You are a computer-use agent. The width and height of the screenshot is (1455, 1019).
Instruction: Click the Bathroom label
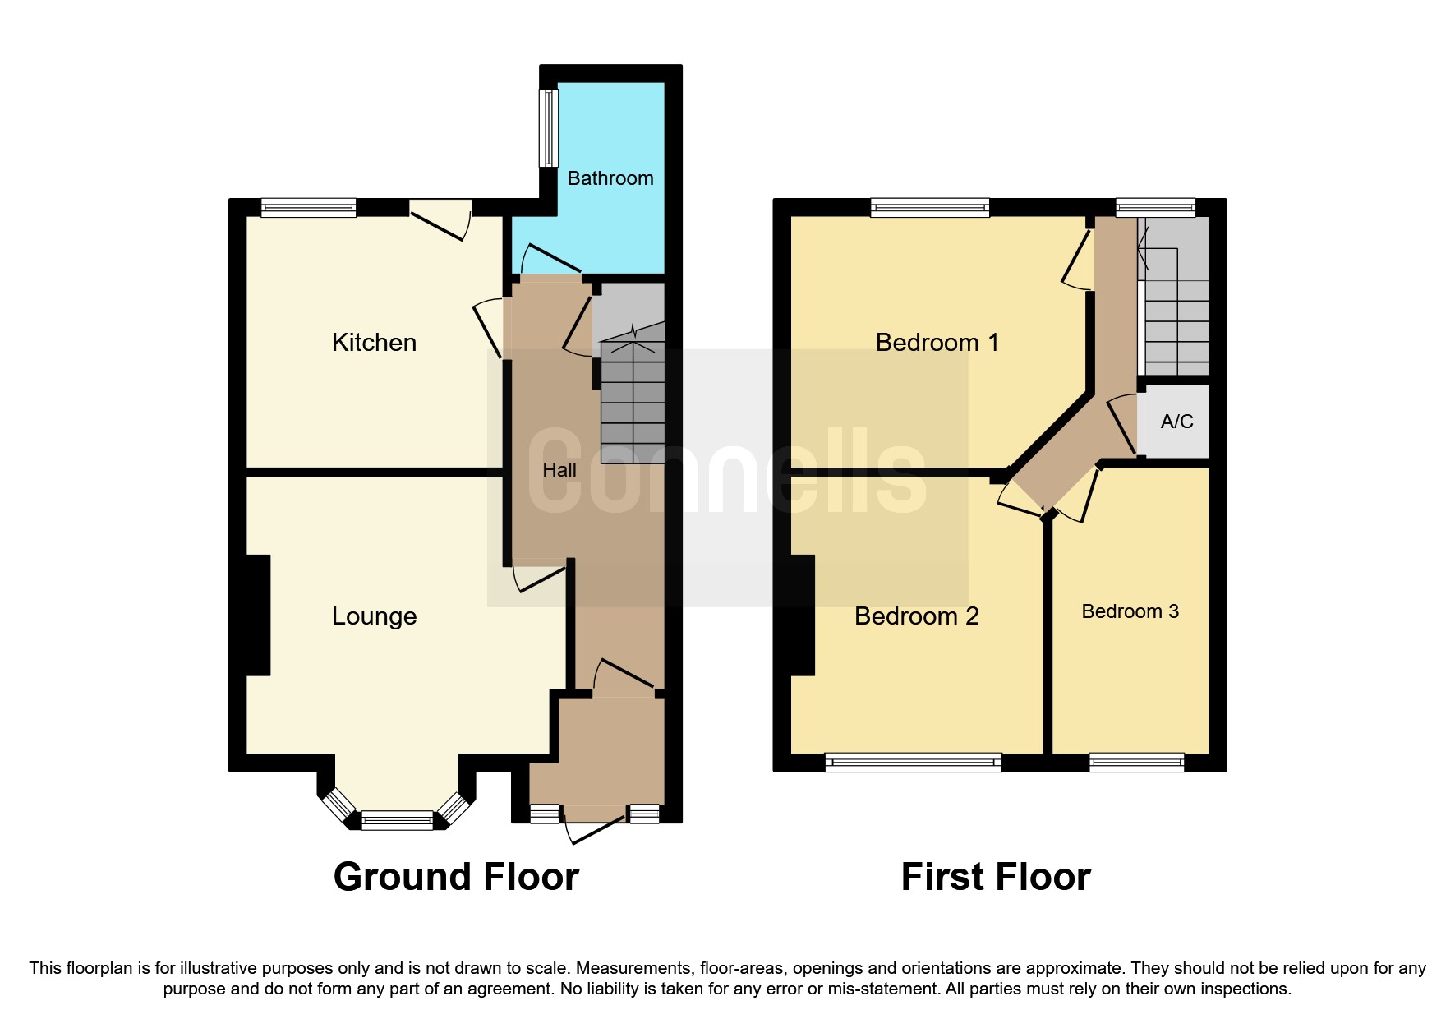(610, 178)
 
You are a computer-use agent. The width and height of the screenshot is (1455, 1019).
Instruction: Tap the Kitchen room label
(374, 342)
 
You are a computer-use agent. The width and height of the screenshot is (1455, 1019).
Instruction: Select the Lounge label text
(374, 616)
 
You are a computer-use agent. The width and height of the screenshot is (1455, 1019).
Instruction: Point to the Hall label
(559, 470)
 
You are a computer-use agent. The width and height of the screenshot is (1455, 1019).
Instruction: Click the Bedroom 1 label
(937, 342)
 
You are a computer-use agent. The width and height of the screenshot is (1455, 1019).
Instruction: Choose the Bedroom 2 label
(916, 616)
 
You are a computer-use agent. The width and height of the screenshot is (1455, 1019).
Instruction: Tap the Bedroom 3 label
(1130, 611)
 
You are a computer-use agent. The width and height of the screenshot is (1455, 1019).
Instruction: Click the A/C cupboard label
(1176, 422)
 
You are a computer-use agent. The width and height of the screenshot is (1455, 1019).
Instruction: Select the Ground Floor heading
(456, 877)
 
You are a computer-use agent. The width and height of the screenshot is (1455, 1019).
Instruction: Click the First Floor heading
(995, 877)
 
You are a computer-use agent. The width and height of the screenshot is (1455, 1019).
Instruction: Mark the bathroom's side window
(547, 127)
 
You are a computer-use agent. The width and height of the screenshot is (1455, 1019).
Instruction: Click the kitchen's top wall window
(308, 208)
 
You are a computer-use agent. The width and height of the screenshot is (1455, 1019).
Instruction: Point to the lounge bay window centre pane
(397, 819)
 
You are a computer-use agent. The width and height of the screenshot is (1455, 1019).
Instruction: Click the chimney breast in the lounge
(258, 616)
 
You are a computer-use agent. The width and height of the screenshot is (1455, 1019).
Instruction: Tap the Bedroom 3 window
(1136, 763)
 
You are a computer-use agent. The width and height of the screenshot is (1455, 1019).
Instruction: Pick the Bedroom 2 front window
(913, 763)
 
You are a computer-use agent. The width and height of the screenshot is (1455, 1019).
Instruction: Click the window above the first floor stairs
(1154, 208)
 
